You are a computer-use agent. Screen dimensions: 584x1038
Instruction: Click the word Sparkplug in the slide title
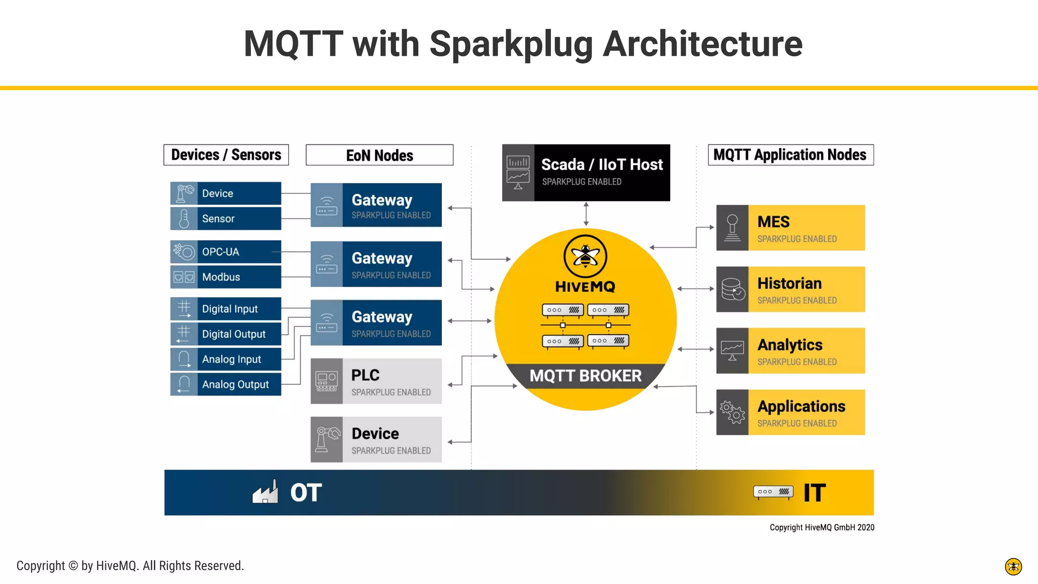[x=511, y=45]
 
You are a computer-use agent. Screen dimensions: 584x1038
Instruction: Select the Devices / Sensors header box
[x=226, y=155]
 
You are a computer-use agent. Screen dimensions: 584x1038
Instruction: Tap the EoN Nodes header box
[x=379, y=155]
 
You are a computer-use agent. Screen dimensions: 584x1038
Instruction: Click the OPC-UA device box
[x=226, y=252]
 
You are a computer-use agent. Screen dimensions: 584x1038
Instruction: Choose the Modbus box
[x=226, y=277]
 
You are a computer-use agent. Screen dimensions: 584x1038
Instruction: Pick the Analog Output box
[x=226, y=384]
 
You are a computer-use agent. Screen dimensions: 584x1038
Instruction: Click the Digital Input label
[x=230, y=309]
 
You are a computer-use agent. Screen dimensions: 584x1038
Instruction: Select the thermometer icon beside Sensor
[x=184, y=218]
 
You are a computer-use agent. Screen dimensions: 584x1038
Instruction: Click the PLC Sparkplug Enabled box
[x=376, y=381]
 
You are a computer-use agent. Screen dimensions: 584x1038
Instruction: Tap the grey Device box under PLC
[x=376, y=440]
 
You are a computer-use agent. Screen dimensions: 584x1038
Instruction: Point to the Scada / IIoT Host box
[x=586, y=173]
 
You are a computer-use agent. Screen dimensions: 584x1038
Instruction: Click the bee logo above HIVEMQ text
[x=585, y=256]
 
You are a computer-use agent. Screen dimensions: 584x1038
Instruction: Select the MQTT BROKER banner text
[x=585, y=376]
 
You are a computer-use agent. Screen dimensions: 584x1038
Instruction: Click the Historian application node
[x=790, y=289]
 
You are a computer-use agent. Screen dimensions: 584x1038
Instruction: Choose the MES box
[x=790, y=228]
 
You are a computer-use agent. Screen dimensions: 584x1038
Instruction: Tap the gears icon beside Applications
[x=732, y=412]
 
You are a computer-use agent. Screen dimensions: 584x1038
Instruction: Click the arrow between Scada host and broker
[x=586, y=214]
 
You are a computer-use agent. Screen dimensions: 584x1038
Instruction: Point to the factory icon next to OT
[x=266, y=492]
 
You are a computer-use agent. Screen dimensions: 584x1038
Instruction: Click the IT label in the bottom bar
[x=814, y=493]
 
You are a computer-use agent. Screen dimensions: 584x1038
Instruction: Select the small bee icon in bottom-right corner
[x=1013, y=566]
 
